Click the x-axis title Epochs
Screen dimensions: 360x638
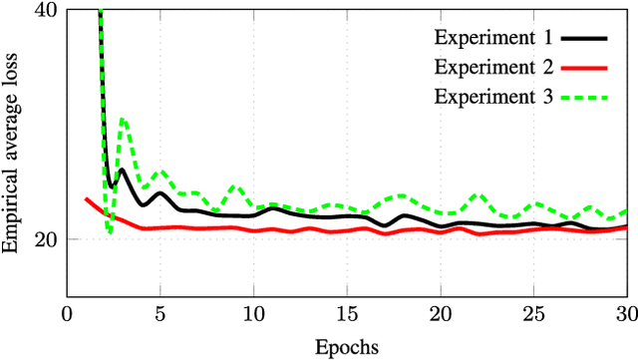[x=346, y=347]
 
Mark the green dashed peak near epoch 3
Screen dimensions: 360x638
[x=123, y=119]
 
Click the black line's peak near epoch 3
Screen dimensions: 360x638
[x=123, y=170]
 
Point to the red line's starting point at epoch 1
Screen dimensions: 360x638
[x=86, y=198]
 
